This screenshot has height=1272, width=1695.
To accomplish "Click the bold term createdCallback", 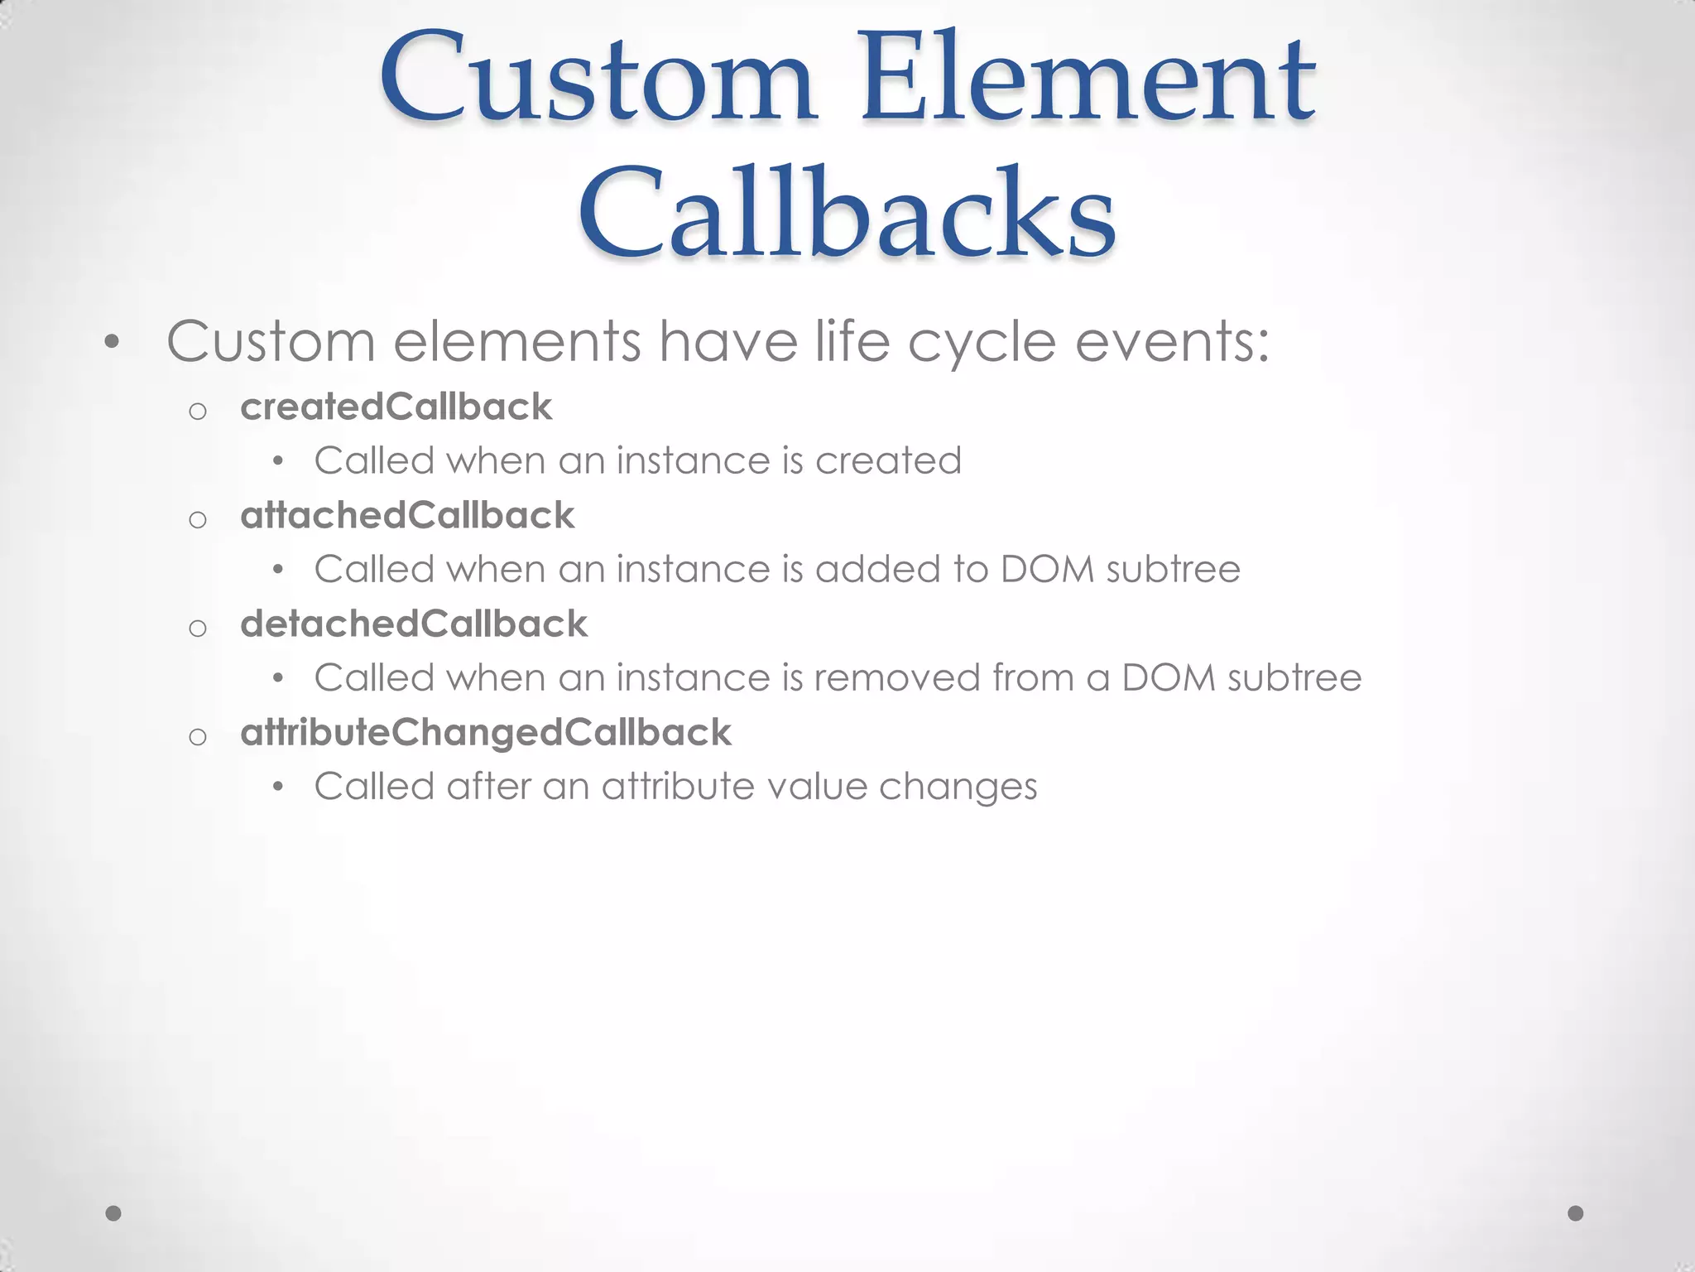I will click(x=396, y=407).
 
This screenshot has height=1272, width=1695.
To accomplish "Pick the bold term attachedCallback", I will click(x=407, y=515).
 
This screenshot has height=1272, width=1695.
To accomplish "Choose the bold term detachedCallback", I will click(x=414, y=624).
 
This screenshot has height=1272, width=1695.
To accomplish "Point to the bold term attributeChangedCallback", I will click(x=486, y=733).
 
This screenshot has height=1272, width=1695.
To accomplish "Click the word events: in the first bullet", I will click(x=1172, y=341).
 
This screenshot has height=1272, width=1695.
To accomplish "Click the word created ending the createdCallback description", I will click(x=888, y=460).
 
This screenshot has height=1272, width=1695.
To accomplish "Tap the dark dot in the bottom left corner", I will click(x=114, y=1213).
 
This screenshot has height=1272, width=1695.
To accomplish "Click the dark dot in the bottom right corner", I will click(x=1576, y=1213).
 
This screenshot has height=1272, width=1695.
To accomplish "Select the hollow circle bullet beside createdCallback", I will click(x=197, y=411).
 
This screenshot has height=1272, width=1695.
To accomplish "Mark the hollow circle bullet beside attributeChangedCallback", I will click(x=197, y=736).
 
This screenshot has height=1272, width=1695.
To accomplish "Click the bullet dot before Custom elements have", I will click(x=113, y=341).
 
